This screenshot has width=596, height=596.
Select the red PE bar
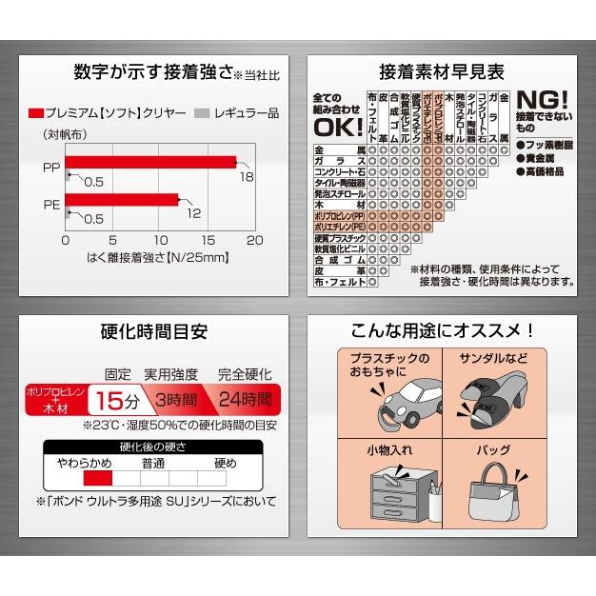[x=122, y=199]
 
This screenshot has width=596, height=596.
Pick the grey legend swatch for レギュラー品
[x=199, y=112]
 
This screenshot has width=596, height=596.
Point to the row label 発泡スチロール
[x=340, y=193]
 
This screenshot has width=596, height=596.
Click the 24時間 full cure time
[x=245, y=398]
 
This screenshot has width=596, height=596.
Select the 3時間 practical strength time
[x=176, y=398]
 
